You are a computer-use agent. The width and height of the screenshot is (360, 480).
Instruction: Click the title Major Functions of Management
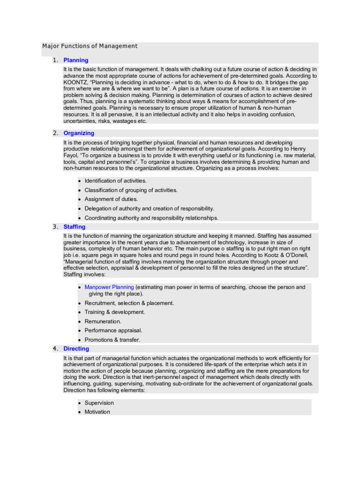click(x=90, y=46)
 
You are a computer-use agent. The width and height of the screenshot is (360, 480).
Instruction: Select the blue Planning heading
click(x=75, y=60)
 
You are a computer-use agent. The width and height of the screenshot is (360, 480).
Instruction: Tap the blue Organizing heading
click(x=79, y=133)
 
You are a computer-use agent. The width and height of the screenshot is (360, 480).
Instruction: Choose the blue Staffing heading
click(x=75, y=227)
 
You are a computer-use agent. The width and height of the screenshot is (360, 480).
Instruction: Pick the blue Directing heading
click(x=76, y=349)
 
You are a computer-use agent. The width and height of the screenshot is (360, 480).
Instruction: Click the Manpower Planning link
click(x=109, y=287)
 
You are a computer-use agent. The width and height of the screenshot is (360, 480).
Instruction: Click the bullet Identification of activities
click(x=115, y=181)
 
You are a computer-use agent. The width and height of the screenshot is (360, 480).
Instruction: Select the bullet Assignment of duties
click(x=111, y=199)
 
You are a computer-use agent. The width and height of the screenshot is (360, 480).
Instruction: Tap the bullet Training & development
click(x=114, y=312)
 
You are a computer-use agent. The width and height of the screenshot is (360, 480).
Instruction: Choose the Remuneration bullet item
click(x=103, y=322)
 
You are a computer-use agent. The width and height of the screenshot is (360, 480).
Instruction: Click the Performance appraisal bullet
click(x=113, y=330)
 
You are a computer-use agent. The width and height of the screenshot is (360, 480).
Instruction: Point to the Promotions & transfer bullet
click(x=112, y=340)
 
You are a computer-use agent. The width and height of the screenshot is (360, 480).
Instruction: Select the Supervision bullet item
click(x=99, y=403)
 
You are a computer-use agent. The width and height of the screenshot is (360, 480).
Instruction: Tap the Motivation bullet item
click(x=97, y=412)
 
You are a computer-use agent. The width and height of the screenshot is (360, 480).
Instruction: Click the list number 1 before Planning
click(x=55, y=60)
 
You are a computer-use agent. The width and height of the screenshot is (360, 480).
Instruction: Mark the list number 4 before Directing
click(x=55, y=349)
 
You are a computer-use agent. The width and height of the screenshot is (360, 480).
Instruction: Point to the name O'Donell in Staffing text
click(x=285, y=255)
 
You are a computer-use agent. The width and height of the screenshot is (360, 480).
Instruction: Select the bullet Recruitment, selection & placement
click(x=129, y=303)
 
